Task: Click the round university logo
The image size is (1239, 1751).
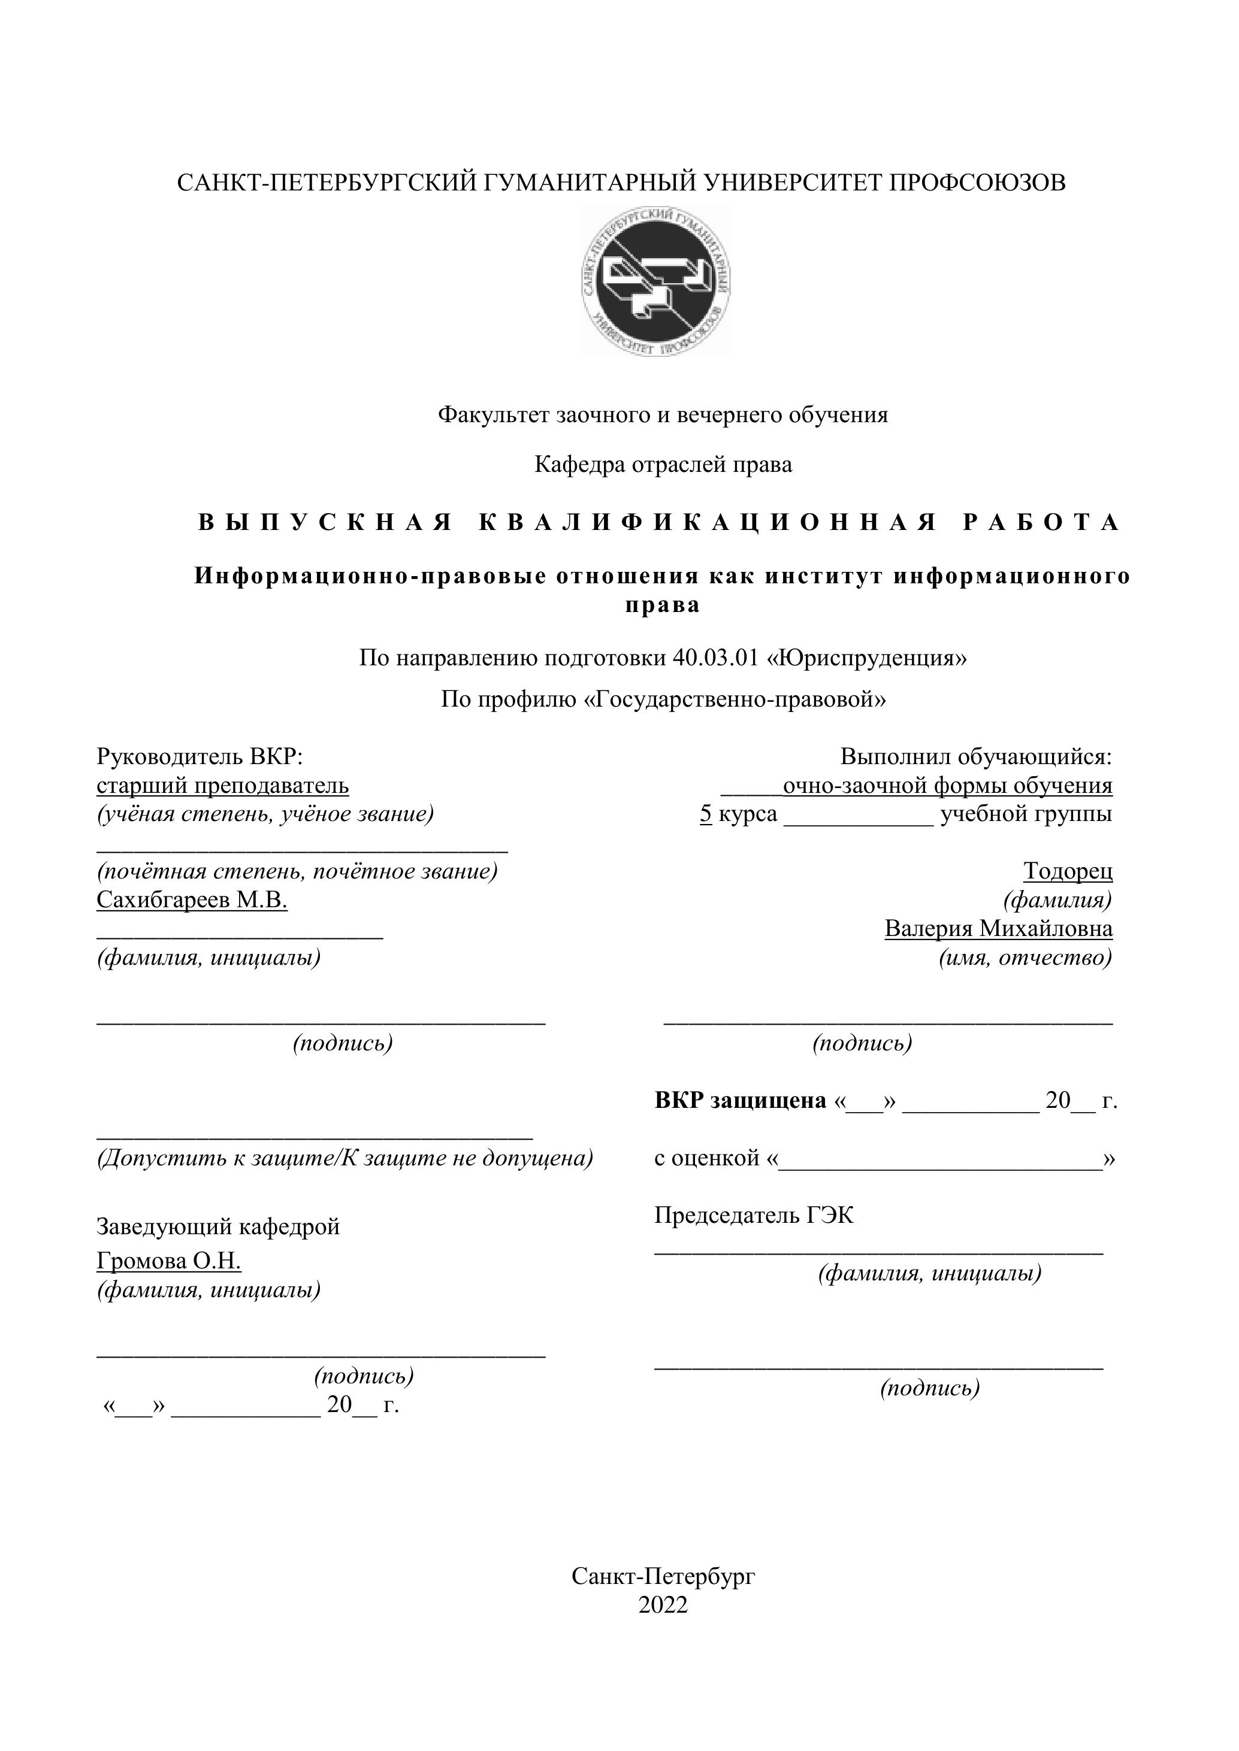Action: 655,281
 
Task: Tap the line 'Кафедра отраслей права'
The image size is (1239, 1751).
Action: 663,465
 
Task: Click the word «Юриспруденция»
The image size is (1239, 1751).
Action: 871,658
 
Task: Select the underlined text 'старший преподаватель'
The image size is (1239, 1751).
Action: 223,786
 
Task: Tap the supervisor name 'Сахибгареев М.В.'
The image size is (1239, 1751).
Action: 192,900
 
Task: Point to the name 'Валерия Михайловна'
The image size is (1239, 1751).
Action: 998,929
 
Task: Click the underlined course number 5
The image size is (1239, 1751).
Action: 706,814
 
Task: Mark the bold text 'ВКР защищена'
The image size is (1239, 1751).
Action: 740,1101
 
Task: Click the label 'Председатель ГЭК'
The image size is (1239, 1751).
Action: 754,1215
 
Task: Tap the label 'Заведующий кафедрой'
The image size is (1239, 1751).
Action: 218,1226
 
